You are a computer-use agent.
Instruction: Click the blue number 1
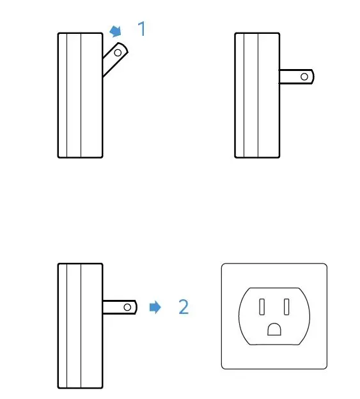pos(142,29)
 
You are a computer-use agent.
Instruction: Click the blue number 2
pos(184,307)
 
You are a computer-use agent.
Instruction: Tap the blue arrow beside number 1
pos(116,31)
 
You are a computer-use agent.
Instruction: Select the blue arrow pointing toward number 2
pos(155,307)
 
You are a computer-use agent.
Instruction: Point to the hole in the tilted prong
pos(118,53)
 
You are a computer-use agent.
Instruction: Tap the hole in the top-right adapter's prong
pos(304,77)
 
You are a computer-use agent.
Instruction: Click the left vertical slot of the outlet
pos(262,306)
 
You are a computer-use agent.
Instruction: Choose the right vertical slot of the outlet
pos(286,306)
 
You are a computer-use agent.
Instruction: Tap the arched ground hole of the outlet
pos(274,329)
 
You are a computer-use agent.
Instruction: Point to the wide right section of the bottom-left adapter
pos(91,345)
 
